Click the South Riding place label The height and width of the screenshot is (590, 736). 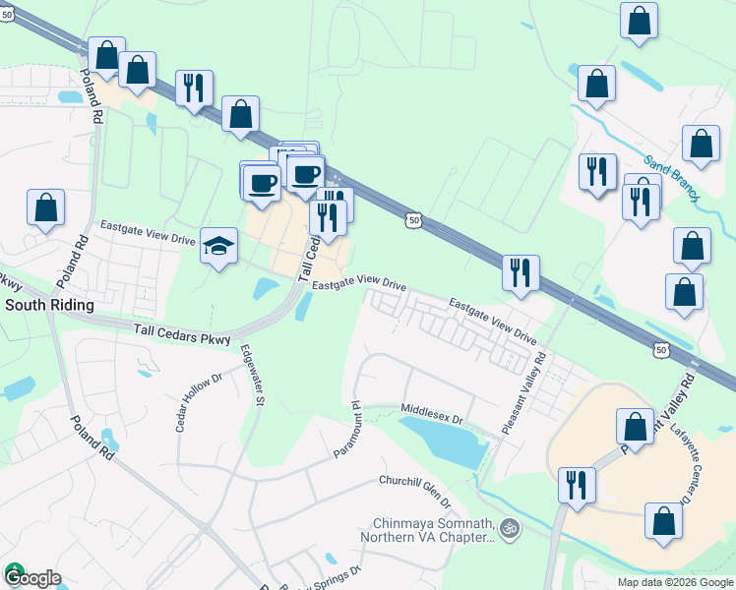click(49, 306)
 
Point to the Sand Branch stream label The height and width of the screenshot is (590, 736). click(671, 178)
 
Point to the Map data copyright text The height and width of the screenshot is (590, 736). click(674, 582)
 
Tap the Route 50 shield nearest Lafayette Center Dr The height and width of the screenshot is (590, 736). click(662, 349)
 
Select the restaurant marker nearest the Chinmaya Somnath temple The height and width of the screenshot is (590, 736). click(576, 484)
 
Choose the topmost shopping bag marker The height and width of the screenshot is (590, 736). click(639, 22)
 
